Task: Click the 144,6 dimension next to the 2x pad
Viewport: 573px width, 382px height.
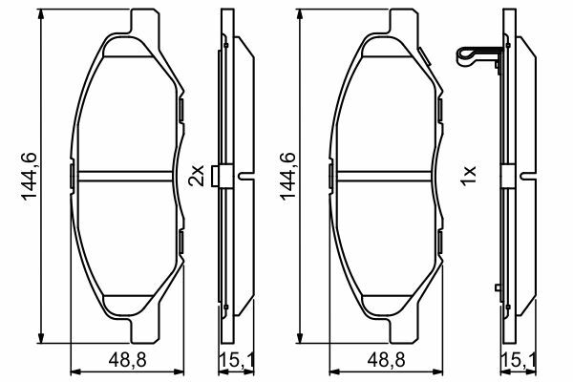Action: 30,176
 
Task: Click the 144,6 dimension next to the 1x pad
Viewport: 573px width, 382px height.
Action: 288,176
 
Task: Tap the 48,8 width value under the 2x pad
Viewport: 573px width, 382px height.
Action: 127,360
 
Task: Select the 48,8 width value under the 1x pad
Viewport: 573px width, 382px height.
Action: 386,360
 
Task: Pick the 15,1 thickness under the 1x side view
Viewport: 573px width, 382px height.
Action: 519,360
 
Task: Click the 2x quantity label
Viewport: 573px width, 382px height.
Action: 196,176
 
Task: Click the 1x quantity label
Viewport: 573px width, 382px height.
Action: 468,176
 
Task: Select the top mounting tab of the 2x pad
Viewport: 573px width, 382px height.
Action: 145,23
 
